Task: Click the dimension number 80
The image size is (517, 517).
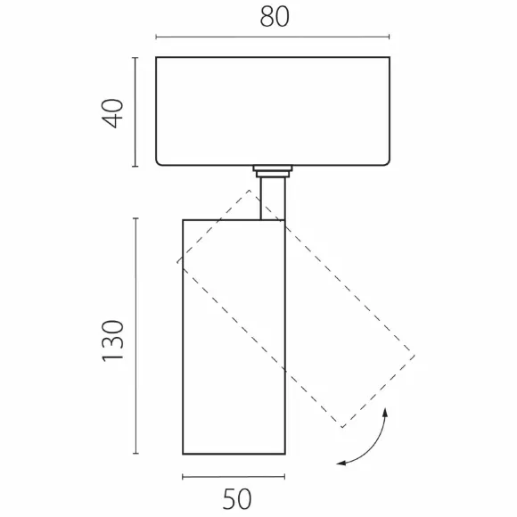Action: coord(275,16)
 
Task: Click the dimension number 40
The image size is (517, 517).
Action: coord(113,113)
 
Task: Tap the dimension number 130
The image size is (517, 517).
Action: coord(113,341)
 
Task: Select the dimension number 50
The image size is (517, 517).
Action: coord(237,499)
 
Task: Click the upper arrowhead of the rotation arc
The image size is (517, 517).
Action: coord(385,412)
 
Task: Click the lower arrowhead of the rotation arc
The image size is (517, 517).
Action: coord(341,464)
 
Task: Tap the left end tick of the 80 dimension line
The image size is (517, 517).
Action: coord(156,37)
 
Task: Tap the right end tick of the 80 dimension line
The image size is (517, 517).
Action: coord(390,37)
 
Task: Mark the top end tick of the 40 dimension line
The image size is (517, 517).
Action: coord(135,58)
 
